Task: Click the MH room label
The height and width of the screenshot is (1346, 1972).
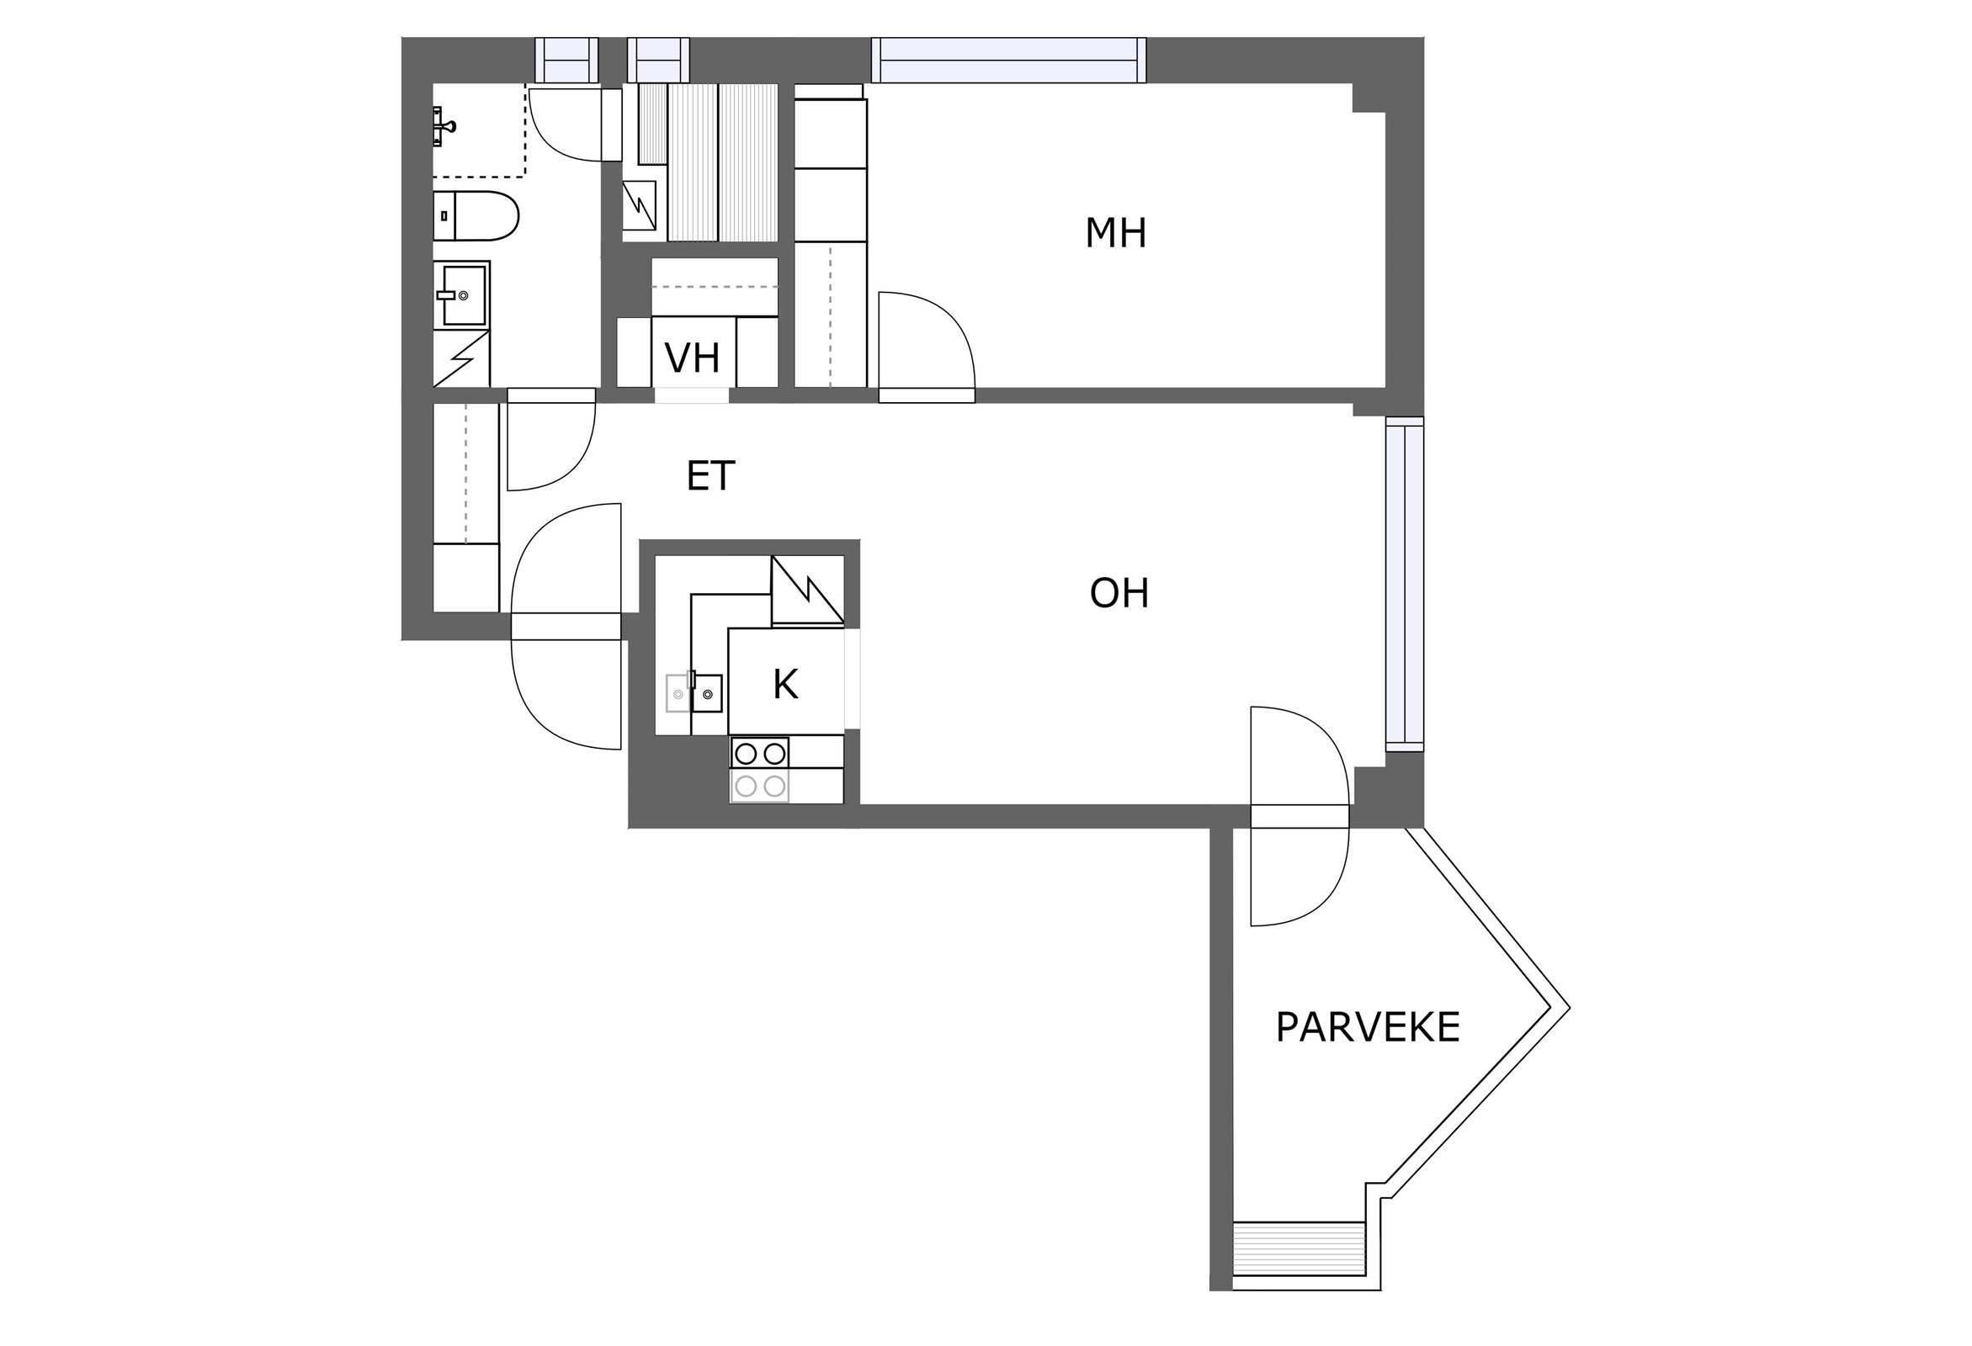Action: pyautogui.click(x=1115, y=233)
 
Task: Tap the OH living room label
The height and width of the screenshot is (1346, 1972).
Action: pyautogui.click(x=1119, y=594)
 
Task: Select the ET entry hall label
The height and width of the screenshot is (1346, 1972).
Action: pyautogui.click(x=710, y=477)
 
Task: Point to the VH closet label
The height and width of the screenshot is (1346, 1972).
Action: pyautogui.click(x=693, y=358)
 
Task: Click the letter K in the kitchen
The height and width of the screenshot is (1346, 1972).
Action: pyautogui.click(x=786, y=685)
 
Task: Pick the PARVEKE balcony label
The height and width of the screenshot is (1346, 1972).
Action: pyautogui.click(x=1368, y=1027)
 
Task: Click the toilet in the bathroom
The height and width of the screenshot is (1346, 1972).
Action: pyautogui.click(x=476, y=216)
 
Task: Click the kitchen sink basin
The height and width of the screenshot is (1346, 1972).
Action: pyautogui.click(x=707, y=693)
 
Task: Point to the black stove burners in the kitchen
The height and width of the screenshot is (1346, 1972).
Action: pyautogui.click(x=759, y=753)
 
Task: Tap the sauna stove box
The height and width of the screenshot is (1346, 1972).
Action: pyautogui.click(x=639, y=206)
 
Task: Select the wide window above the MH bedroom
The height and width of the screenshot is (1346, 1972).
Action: pyautogui.click(x=1009, y=61)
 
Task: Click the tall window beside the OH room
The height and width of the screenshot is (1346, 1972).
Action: pyautogui.click(x=1406, y=585)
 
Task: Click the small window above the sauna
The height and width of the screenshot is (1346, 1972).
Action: pyautogui.click(x=658, y=60)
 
